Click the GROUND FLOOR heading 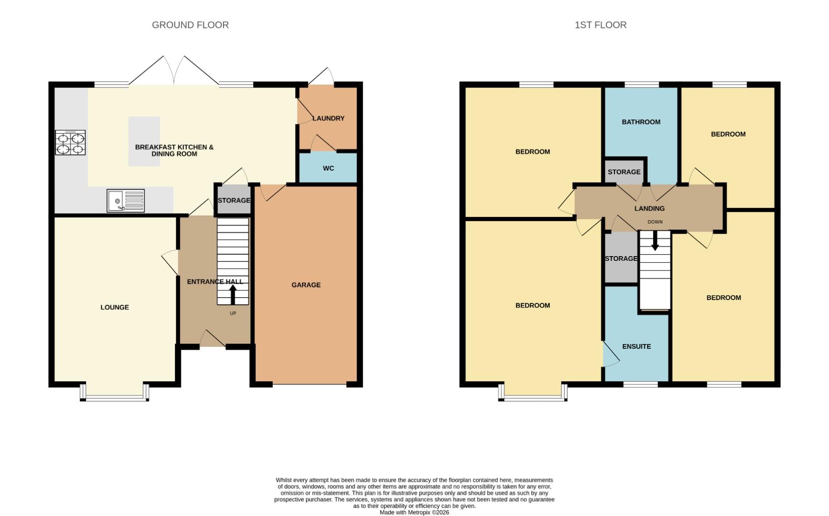pos(190,25)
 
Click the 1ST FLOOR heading pos(600,25)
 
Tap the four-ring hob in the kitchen pos(70,143)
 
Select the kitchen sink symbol pos(126,201)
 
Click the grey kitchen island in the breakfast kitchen pos(144,141)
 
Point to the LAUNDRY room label pos(328,118)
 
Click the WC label pos(328,168)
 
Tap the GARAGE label pos(306,285)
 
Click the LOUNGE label pos(115,307)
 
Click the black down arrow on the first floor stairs pos(655,241)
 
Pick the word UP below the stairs pos(233,313)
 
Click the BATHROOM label pos(641,122)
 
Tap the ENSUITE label pos(636,346)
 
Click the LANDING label pos(649,208)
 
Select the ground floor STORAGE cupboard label pos(234,200)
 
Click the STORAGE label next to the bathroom pos(624,172)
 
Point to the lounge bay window pos(115,397)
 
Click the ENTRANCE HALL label pos(215,281)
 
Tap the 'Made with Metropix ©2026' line pos(414,512)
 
